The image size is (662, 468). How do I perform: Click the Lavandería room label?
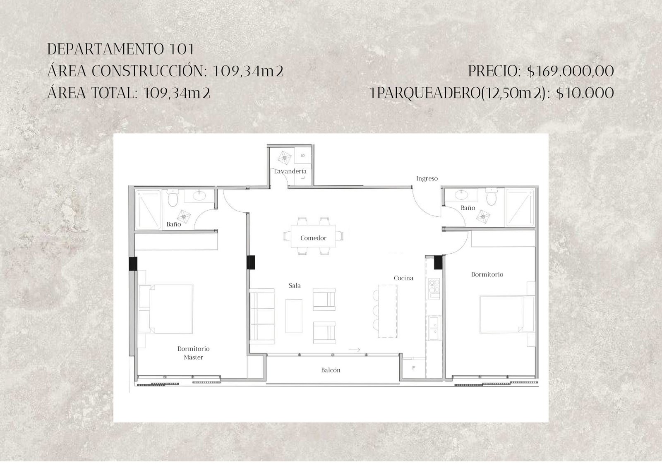290,171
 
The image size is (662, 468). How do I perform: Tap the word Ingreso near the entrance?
427,179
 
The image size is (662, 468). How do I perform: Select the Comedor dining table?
313,237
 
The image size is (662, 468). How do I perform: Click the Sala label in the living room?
294,286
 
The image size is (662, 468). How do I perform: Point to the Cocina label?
403,278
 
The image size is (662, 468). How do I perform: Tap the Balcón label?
331,370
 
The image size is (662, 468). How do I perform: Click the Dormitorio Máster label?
194,353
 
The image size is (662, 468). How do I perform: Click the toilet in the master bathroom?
173,197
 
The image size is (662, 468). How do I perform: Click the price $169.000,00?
571,71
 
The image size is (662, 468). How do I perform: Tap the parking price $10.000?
585,93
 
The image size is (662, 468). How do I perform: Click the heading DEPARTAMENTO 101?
120,49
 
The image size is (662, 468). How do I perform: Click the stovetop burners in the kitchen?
434,286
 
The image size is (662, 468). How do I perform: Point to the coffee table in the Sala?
294,316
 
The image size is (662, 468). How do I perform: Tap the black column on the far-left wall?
133,264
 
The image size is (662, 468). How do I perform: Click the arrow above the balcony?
354,350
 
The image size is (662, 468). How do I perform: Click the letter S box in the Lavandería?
303,156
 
